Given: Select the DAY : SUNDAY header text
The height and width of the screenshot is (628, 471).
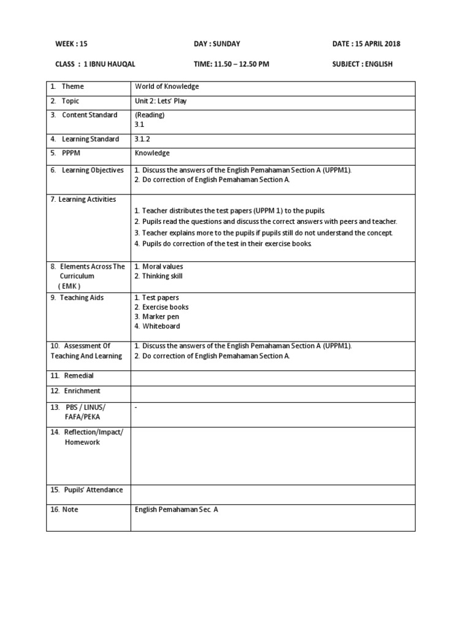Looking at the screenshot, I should (217, 44).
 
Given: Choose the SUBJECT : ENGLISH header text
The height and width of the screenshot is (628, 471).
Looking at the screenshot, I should (362, 64).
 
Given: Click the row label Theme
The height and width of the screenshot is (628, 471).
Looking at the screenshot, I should (72, 86).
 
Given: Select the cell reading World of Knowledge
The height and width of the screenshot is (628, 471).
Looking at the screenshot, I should (167, 86).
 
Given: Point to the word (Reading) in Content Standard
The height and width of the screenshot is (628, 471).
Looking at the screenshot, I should (150, 115).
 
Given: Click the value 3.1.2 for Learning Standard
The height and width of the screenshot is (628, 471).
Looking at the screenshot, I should (142, 139).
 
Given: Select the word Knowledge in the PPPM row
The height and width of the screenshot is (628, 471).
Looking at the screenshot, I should (152, 153).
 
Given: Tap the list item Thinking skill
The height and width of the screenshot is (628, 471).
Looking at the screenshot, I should (162, 276).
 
